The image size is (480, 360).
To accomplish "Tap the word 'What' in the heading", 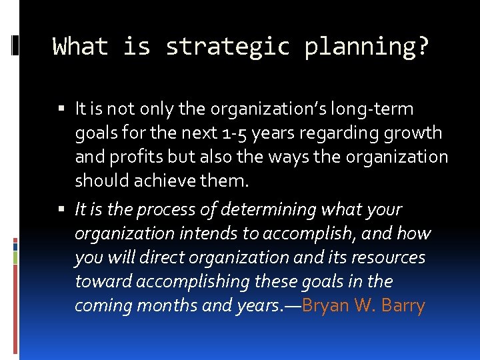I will click(80, 47).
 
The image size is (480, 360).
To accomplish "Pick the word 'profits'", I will click(127, 157).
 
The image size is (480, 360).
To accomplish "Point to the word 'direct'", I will click(147, 257).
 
